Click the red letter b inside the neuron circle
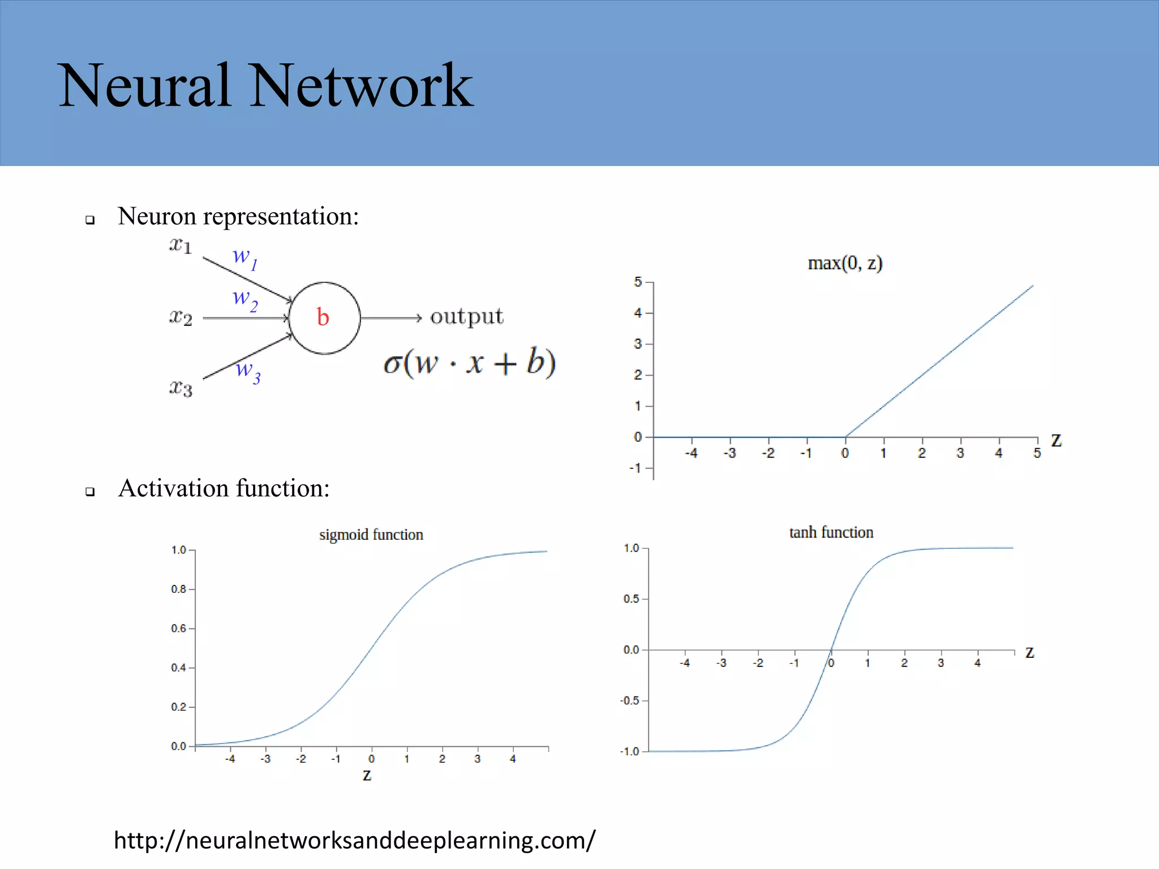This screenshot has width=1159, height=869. click(x=323, y=317)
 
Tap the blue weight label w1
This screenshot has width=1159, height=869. click(x=245, y=257)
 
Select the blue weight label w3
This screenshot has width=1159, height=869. click(x=248, y=371)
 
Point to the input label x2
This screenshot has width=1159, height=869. click(x=181, y=317)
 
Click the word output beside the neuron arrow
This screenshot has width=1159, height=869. click(x=466, y=316)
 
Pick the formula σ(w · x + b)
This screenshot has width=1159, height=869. click(x=469, y=362)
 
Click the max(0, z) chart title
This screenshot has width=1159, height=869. click(x=844, y=263)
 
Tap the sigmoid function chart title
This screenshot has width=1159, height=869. click(x=371, y=535)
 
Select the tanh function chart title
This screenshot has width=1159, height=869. click(x=831, y=532)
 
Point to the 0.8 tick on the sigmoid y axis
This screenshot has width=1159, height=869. click(x=179, y=589)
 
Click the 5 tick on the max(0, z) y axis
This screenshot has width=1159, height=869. click(x=638, y=282)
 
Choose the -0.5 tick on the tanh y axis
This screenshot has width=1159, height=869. click(x=630, y=700)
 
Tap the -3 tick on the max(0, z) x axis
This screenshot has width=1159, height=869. click(x=729, y=453)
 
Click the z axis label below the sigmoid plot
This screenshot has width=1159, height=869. click(x=367, y=775)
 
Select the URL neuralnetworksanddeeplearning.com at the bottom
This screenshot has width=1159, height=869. click(x=354, y=840)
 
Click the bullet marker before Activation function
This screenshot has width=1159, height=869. click(x=90, y=491)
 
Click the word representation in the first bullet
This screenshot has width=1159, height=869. click(x=281, y=217)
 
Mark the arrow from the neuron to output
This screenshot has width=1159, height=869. click(x=391, y=318)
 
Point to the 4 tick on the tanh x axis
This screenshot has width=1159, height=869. click(x=977, y=662)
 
